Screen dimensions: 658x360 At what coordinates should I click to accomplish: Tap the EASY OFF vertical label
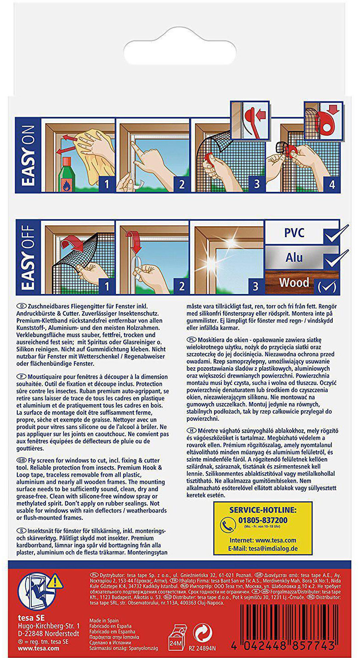click(x=28, y=257)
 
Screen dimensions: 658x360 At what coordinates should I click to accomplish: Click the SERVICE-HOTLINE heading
click(x=263, y=510)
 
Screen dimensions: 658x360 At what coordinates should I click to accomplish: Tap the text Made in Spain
click(x=105, y=619)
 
